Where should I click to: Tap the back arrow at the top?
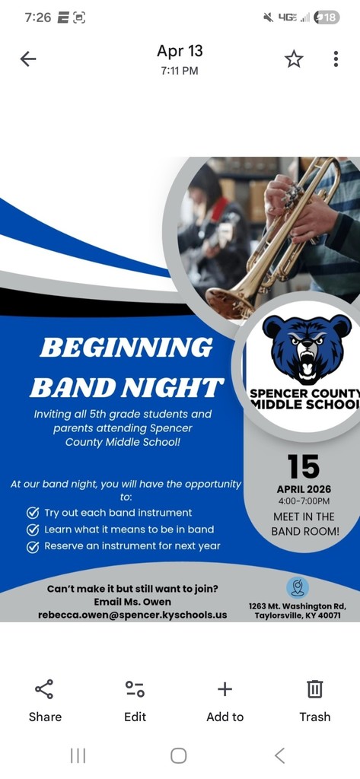coord(28,59)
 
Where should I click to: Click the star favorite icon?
coord(293,59)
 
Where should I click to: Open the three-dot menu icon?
coord(336,59)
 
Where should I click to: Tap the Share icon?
coord(44,689)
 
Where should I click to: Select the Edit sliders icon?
coord(135,689)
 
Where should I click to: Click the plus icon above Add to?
coord(225,689)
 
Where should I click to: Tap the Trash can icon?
coord(315,689)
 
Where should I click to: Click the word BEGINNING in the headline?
coord(126,347)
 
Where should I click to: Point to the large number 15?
coord(304,466)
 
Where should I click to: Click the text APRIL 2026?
coord(304,489)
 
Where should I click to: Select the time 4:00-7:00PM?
coord(304,501)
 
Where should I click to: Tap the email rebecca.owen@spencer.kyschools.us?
coord(132,615)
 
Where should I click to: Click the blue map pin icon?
coord(298,588)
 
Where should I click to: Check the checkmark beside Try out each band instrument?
coord(33,514)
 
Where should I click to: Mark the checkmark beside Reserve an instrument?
coord(33,547)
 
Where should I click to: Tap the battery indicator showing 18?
coord(327,17)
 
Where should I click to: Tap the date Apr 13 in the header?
coord(180,51)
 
